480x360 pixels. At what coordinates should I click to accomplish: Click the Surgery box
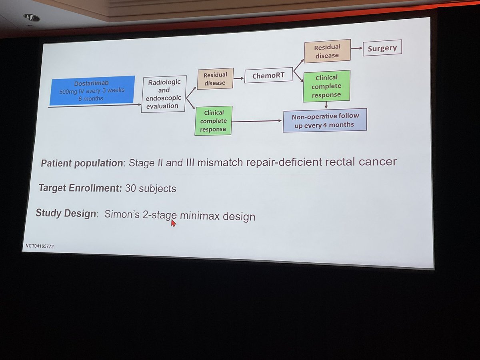382,48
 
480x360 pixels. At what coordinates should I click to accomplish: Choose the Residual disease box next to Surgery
327,51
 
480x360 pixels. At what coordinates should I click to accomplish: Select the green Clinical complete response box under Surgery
326,86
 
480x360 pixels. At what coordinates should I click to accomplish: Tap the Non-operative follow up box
325,120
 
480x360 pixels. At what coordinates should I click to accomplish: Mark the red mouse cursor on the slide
173,223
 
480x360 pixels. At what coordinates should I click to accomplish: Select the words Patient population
82,163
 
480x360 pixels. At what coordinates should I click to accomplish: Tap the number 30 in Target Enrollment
130,188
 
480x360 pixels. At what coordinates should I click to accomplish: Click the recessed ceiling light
32,18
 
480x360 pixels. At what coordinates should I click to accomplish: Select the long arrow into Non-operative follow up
256,121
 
